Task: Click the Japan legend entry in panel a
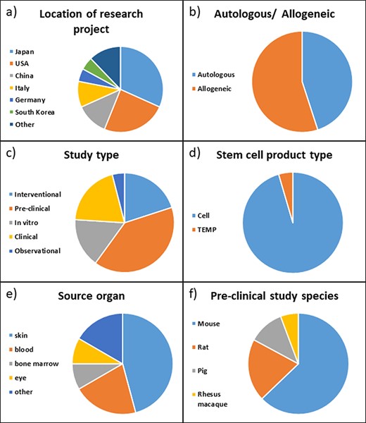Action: (x=25, y=51)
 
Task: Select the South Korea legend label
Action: (x=34, y=111)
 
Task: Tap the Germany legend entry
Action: (x=31, y=99)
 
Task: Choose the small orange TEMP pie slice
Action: (x=286, y=181)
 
